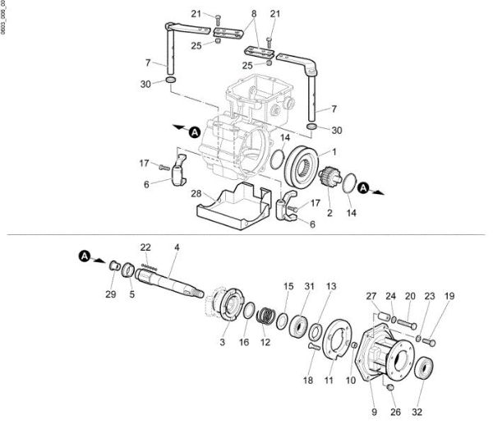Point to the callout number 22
pos(145,247)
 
